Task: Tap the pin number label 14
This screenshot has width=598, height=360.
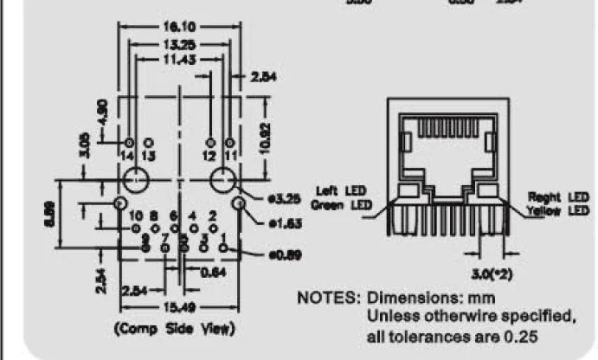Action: click(x=128, y=155)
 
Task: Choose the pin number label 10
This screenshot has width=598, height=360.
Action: click(x=136, y=215)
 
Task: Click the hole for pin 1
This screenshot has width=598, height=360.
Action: click(x=222, y=249)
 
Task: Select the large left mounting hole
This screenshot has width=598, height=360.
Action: click(x=134, y=183)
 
